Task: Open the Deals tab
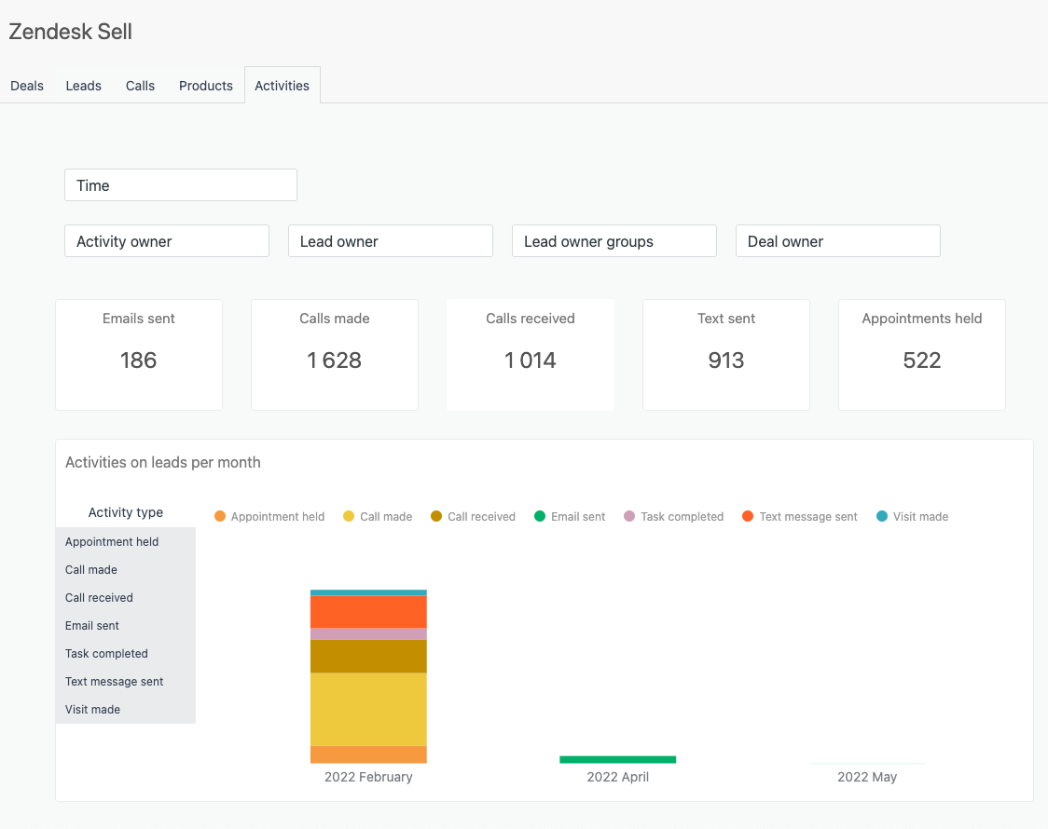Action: pyautogui.click(x=27, y=86)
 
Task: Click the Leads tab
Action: pyautogui.click(x=84, y=86)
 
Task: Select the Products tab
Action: pyautogui.click(x=206, y=86)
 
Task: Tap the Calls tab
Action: pyautogui.click(x=140, y=86)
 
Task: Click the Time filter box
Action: pyautogui.click(x=181, y=185)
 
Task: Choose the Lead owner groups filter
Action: pyautogui.click(x=614, y=241)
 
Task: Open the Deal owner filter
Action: pyautogui.click(x=837, y=241)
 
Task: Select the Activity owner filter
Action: pyautogui.click(x=167, y=241)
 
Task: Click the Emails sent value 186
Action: pyautogui.click(x=139, y=360)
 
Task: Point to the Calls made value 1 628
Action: pyautogui.click(x=335, y=360)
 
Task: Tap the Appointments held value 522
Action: pyautogui.click(x=921, y=360)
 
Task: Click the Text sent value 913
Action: pyautogui.click(x=725, y=360)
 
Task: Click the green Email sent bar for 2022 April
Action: pyautogui.click(x=617, y=759)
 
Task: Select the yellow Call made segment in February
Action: pyautogui.click(x=368, y=709)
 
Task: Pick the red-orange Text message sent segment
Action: pyautogui.click(x=368, y=612)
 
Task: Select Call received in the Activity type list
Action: pyautogui.click(x=99, y=598)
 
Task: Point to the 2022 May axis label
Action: pyautogui.click(x=867, y=777)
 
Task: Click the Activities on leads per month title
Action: pyautogui.click(x=163, y=463)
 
